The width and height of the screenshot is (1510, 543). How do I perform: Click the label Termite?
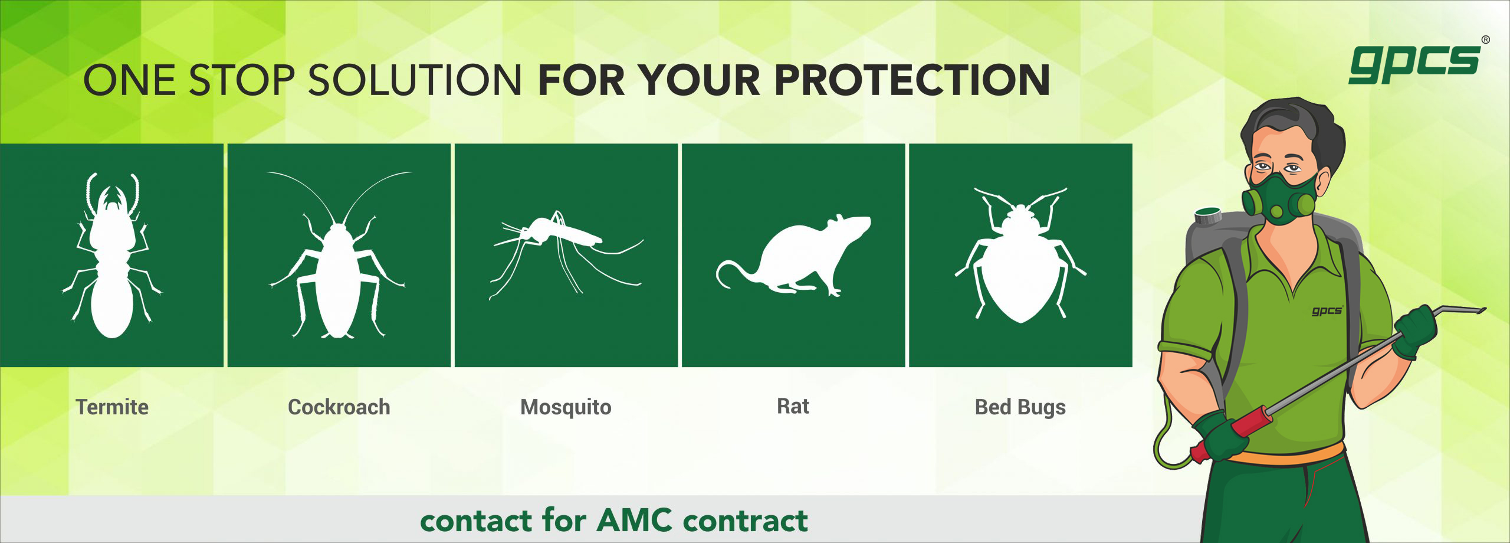[x=112, y=407]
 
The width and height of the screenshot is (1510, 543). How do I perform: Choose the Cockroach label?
[x=339, y=407]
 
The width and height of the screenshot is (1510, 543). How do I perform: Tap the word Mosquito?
[x=566, y=407]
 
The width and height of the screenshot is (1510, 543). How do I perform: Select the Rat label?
[x=793, y=406]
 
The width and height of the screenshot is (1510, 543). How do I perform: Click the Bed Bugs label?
[x=1020, y=407]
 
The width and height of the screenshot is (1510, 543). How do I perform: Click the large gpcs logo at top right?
[x=1414, y=64]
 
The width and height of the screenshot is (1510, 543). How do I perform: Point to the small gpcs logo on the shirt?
[x=1327, y=310]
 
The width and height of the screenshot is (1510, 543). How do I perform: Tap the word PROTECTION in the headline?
[x=912, y=80]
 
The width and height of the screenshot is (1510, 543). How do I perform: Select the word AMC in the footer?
[x=635, y=520]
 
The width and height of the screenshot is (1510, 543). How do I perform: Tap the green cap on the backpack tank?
[x=1209, y=215]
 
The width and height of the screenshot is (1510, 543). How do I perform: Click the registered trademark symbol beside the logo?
[x=1485, y=40]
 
